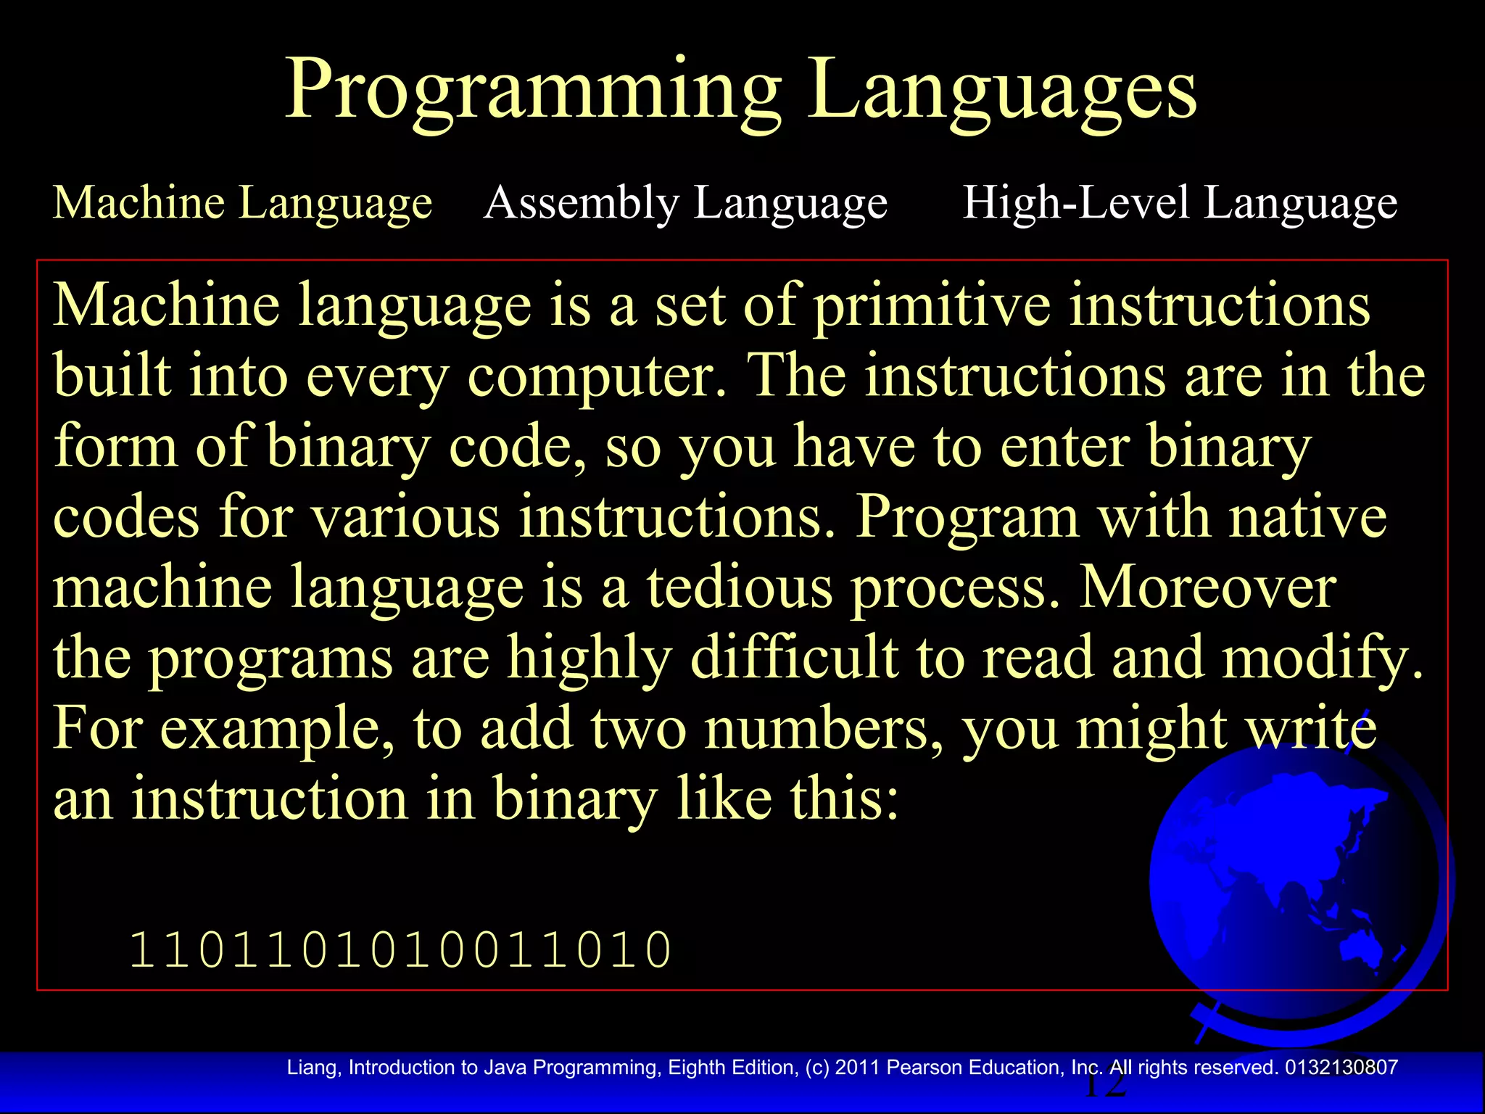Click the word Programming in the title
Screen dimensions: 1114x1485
pyautogui.click(x=533, y=91)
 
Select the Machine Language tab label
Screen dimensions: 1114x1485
pyautogui.click(x=243, y=202)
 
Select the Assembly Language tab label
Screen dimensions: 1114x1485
pyautogui.click(x=686, y=202)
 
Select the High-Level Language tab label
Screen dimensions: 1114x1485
pyautogui.click(x=1180, y=202)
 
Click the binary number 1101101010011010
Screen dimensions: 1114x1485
pyautogui.click(x=401, y=950)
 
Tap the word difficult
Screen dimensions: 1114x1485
pyautogui.click(x=793, y=657)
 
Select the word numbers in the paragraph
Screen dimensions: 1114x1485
pyautogui.click(x=824, y=728)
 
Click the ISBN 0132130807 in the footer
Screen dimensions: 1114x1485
pyautogui.click(x=1341, y=1068)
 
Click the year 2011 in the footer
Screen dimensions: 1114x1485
pyautogui.click(x=857, y=1068)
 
